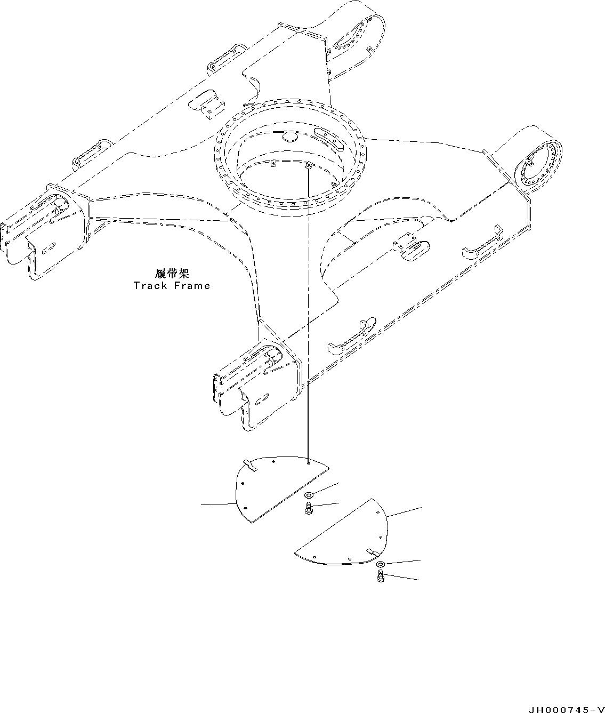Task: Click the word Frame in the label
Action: (190, 285)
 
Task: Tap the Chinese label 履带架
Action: (171, 274)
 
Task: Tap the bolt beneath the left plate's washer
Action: (309, 510)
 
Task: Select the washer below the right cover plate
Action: (380, 565)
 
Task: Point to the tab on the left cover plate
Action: (250, 465)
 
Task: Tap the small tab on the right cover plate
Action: (372, 551)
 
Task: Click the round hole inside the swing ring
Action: (291, 138)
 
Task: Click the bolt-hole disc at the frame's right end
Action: (538, 163)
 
